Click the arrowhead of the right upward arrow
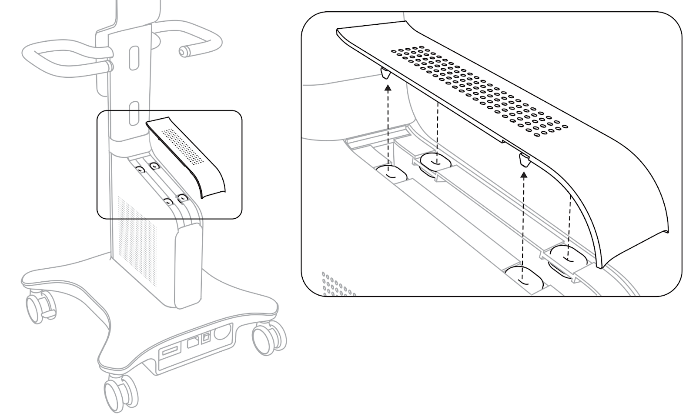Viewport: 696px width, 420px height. pyautogui.click(x=524, y=175)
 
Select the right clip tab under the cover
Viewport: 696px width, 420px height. pyautogui.click(x=524, y=161)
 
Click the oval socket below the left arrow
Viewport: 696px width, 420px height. pyautogui.click(x=390, y=173)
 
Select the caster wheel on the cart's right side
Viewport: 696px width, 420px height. pyautogui.click(x=267, y=339)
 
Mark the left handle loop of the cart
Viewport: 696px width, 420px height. pyautogui.click(x=65, y=57)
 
